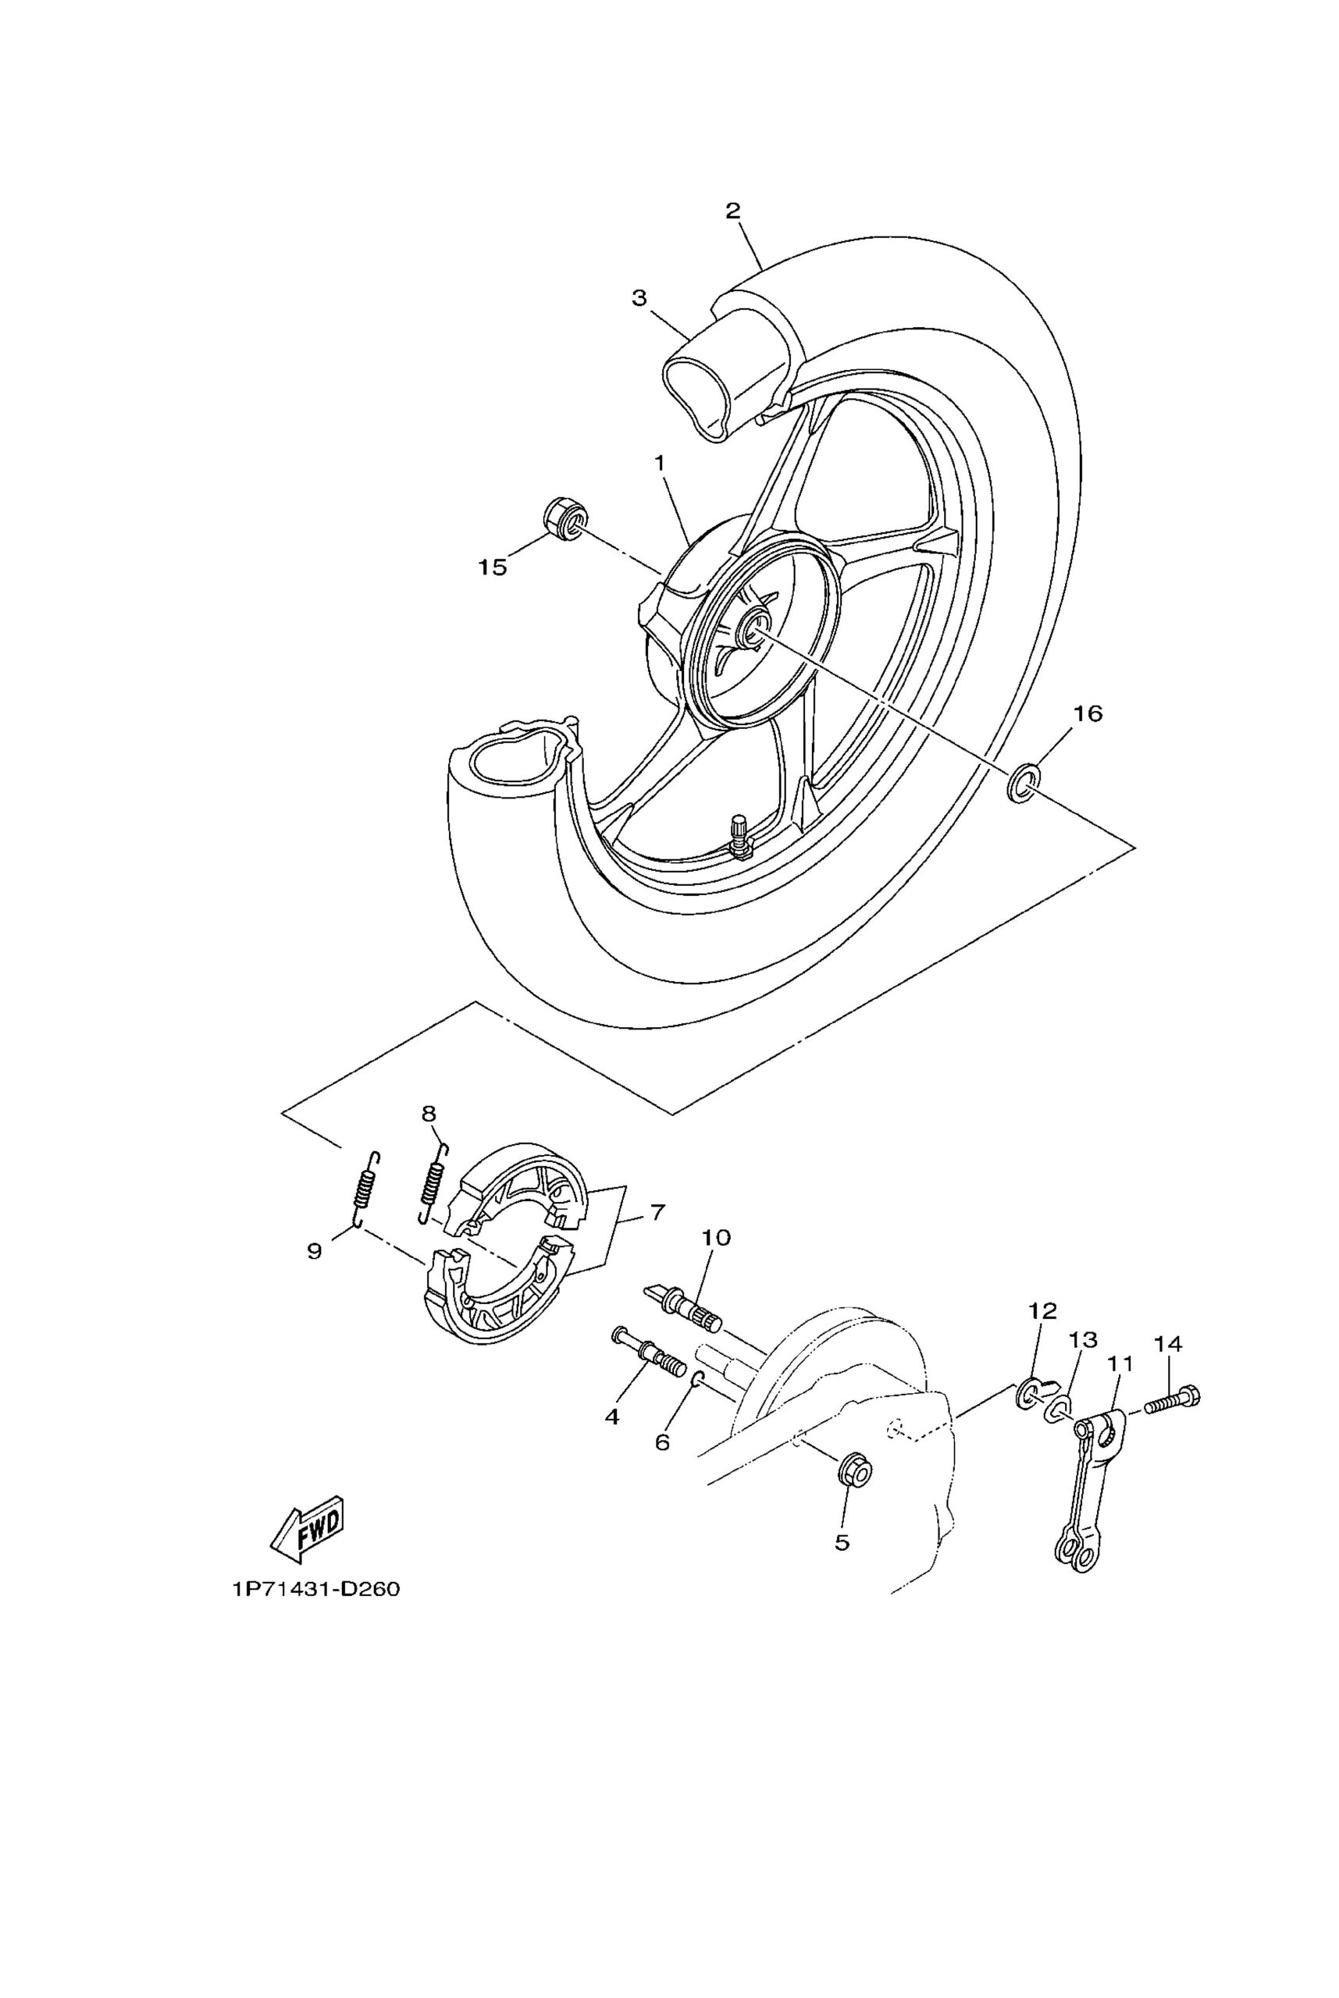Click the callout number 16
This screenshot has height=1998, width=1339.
pyautogui.click(x=1087, y=713)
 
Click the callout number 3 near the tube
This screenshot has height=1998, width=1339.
pyautogui.click(x=639, y=298)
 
